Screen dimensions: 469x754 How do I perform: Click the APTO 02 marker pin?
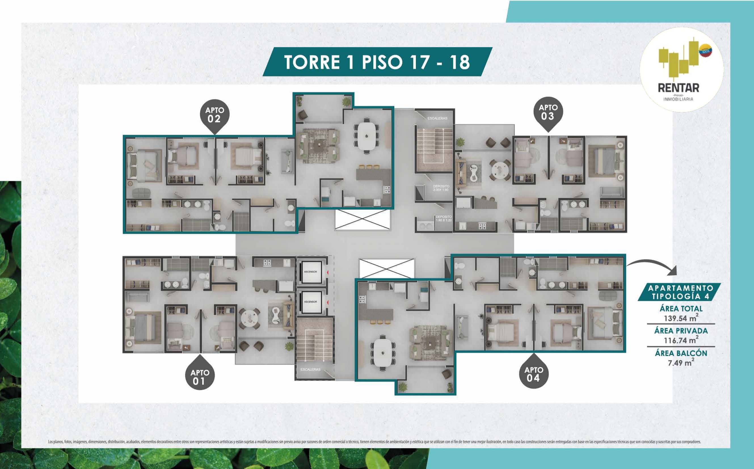tap(214, 115)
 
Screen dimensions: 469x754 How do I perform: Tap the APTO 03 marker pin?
tap(548, 113)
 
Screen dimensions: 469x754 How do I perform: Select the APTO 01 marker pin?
tap(199, 377)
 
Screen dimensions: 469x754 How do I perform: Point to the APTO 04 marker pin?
tap(533, 374)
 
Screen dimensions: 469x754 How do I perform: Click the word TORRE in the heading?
tap(312, 62)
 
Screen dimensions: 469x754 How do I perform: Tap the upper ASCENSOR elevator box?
tap(310, 272)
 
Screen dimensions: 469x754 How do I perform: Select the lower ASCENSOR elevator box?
tap(310, 301)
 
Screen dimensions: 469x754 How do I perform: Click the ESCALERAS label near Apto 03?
tap(437, 118)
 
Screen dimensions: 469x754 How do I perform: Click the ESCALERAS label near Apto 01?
tap(310, 369)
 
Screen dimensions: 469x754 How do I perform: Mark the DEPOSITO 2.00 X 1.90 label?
tap(441, 188)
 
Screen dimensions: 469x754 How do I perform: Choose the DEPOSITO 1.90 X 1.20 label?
tap(443, 218)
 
